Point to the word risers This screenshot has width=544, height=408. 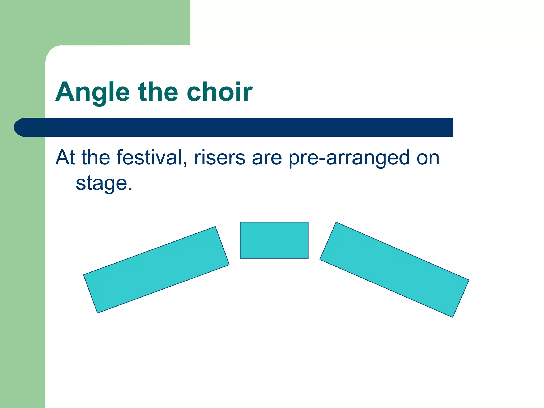pos(220,158)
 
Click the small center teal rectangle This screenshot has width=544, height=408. pos(274,240)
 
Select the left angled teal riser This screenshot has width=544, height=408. pos(156,270)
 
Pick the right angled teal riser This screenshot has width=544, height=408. pos(394,269)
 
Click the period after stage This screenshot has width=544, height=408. pos(130,189)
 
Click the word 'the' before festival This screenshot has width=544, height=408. pos(96,158)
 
